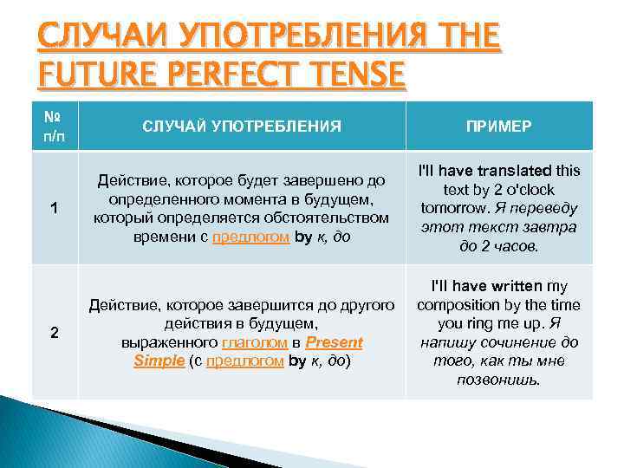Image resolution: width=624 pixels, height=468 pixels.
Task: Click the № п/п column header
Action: point(55,126)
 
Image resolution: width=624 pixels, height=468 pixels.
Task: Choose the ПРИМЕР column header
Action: point(498,127)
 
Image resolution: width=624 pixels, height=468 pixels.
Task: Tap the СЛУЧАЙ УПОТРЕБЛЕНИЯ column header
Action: point(241,127)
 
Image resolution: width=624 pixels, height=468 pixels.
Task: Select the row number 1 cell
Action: point(55,208)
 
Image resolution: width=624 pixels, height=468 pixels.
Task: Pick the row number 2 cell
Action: point(55,332)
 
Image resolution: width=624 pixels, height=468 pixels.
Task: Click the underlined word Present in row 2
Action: point(334,341)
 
